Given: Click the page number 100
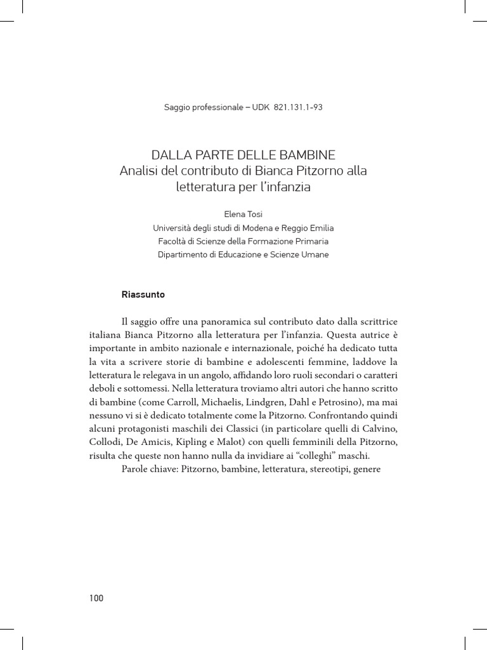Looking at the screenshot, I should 96,598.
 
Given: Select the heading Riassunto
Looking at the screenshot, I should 143,295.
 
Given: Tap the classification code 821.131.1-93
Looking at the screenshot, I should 299,107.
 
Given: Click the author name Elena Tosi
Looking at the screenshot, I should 243,215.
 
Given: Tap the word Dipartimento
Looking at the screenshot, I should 185,255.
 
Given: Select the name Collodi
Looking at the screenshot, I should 107,442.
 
